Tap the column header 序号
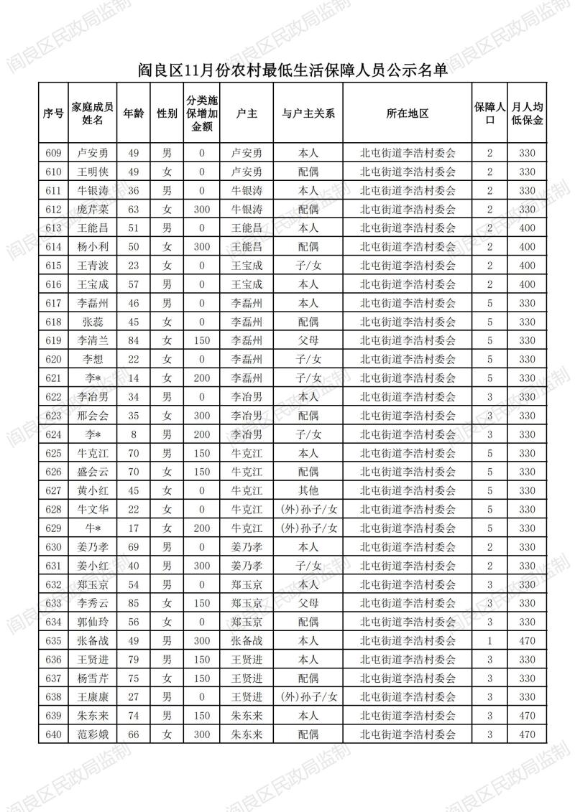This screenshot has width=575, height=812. click(x=53, y=113)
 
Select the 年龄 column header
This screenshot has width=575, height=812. click(x=133, y=113)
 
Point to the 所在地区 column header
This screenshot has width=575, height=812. click(x=407, y=113)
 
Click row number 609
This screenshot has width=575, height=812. click(x=53, y=153)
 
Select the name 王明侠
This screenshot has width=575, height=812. click(x=93, y=172)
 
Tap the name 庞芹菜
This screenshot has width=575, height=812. click(x=93, y=209)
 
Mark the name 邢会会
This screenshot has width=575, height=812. click(x=93, y=416)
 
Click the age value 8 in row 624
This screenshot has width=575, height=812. click(x=133, y=434)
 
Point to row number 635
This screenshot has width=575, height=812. click(x=53, y=640)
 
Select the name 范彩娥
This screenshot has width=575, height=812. click(x=93, y=734)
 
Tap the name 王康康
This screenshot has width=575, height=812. click(x=93, y=697)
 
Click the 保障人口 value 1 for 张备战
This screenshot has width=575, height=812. click(x=490, y=640)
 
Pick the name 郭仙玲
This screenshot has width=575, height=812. click(x=93, y=622)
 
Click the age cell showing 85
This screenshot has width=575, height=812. click(x=133, y=603)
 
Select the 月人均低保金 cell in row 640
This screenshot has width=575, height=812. click(x=528, y=734)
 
